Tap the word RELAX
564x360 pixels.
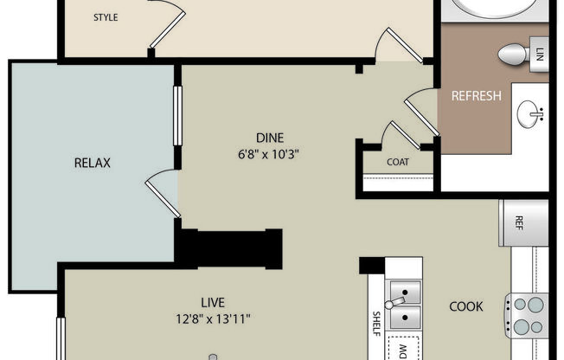(93, 162)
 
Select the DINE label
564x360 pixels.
(269, 137)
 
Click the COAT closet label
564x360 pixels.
(398, 162)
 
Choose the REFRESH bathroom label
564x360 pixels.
(476, 96)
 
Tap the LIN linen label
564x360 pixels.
(540, 54)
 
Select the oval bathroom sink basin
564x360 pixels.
(531, 112)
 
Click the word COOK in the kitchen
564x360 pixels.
(465, 306)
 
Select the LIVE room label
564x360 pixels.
(213, 302)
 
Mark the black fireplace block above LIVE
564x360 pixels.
(229, 247)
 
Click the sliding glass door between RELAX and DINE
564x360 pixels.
(177, 115)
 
